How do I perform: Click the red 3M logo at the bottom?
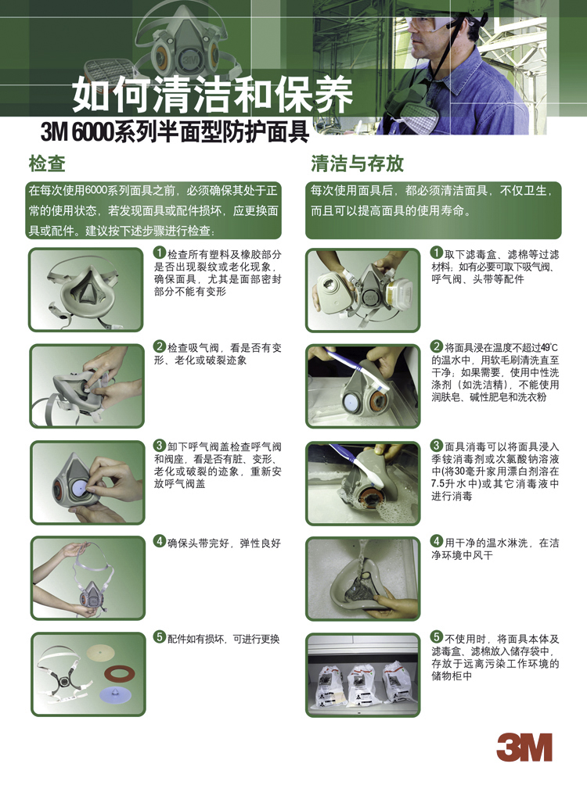coord(524,748)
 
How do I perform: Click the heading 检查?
coord(47,164)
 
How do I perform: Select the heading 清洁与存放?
coord(357,164)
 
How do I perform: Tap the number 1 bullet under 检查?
coord(160,253)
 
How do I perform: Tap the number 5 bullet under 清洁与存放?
coord(437,637)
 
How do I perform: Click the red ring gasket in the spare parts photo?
coord(119,674)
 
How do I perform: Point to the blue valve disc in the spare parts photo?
coord(113,694)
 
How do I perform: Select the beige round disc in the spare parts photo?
coord(101,651)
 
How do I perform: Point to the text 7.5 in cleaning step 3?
coord(438,484)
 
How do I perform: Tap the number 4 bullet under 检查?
coord(160,542)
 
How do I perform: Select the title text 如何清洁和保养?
coord(212,95)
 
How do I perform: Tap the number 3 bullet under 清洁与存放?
coord(437,446)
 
